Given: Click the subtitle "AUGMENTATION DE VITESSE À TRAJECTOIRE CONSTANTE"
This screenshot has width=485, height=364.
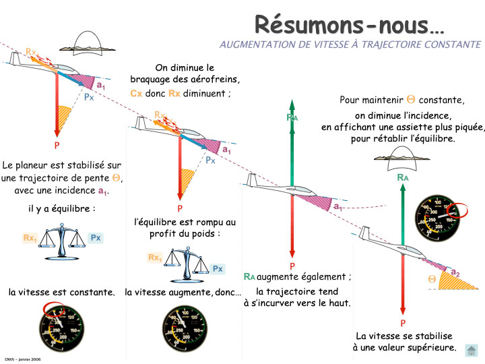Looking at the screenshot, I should [x=350, y=44].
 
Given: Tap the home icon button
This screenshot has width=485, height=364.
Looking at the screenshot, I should [x=471, y=350].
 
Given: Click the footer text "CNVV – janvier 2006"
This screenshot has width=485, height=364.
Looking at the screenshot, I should [x=23, y=359].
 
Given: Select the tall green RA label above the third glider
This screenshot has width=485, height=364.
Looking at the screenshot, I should [x=292, y=117].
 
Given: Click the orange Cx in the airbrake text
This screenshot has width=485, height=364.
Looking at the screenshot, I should [x=136, y=93].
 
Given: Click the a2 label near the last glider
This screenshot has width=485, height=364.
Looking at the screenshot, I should [x=455, y=272].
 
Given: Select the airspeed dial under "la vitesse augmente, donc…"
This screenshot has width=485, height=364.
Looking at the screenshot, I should [x=185, y=330].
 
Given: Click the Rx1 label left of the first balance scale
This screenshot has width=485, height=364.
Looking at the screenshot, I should [x=30, y=238].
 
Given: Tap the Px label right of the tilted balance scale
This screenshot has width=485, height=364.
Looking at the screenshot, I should [x=217, y=268].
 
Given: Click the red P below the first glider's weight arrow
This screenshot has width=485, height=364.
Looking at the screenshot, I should [x=57, y=145].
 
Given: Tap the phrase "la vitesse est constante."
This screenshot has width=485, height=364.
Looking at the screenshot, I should [x=62, y=293].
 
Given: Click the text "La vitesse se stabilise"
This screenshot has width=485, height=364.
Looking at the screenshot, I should [x=404, y=336].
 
